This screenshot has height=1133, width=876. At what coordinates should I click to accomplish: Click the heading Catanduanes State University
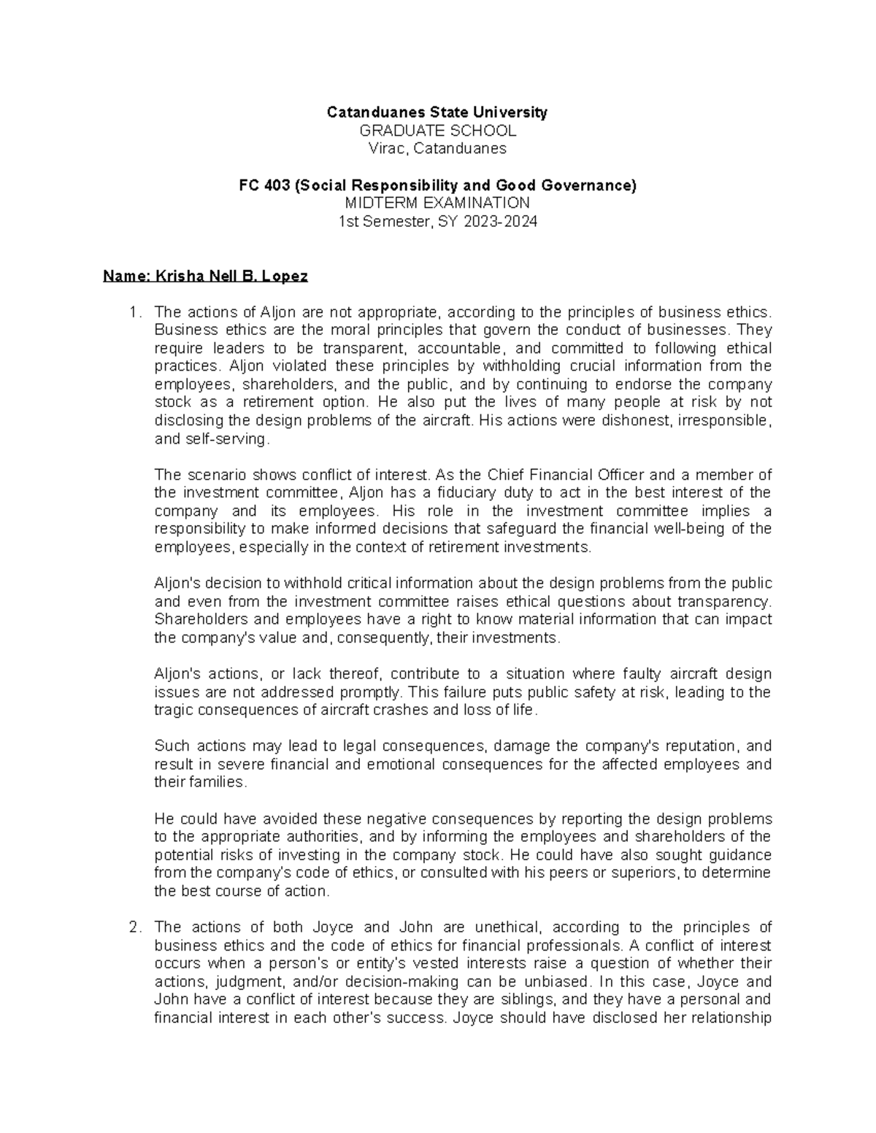tap(437, 112)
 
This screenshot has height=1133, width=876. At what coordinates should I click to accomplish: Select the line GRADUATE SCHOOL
tap(437, 131)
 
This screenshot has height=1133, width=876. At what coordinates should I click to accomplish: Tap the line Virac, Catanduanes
tap(437, 149)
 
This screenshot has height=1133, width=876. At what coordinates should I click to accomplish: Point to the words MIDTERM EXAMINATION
tap(437, 204)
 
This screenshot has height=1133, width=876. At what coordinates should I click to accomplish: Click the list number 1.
tap(133, 313)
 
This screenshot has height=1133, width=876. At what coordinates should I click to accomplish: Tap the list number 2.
tap(133, 927)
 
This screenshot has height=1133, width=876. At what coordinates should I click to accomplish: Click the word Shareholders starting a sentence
tap(193, 619)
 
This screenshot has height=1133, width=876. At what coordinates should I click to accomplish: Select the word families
tap(218, 782)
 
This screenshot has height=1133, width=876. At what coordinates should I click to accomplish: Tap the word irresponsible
tap(723, 421)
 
